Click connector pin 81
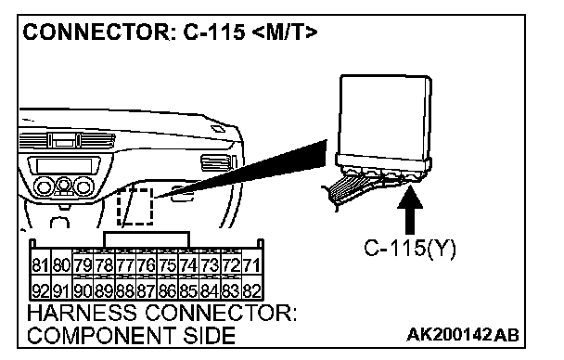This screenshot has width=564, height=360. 40,265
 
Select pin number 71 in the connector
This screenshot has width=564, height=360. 251,265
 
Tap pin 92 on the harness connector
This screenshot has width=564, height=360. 40,290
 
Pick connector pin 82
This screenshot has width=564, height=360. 251,290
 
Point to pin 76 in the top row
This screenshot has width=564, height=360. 146,265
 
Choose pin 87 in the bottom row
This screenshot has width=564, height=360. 146,290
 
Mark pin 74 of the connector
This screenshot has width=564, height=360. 188,265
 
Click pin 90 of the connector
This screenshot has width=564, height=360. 83,290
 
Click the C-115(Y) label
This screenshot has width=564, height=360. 410,248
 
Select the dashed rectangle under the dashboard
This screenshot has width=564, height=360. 135,206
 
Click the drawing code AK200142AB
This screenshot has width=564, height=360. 463,335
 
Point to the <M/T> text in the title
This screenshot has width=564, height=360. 285,32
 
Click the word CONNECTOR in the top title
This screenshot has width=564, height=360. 96,32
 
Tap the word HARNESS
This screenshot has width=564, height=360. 82,313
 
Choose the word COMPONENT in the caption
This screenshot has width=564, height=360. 101,335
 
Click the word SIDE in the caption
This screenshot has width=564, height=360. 209,335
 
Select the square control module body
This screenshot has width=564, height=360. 385,116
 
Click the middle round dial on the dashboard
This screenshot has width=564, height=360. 64,186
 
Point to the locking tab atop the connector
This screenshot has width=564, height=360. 146,239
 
